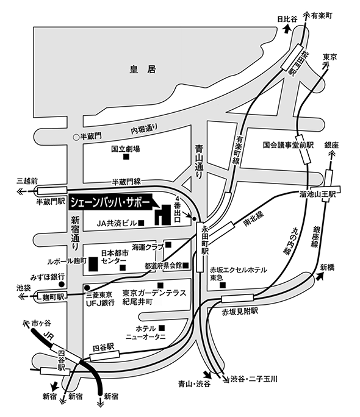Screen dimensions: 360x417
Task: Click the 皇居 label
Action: (x=143, y=69)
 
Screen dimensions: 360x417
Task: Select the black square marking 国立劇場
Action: (x=126, y=157)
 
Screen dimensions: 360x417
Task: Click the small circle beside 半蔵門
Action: (x=76, y=137)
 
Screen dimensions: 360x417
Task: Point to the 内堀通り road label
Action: (x=144, y=129)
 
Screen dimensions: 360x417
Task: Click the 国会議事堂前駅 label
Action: (x=288, y=145)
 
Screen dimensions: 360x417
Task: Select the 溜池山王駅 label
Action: (x=317, y=194)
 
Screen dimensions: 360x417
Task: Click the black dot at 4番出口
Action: (x=194, y=219)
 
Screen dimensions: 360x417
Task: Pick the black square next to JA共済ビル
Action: (x=141, y=223)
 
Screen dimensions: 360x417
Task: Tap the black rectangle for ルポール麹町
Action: (x=93, y=264)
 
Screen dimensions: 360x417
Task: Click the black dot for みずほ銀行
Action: (x=62, y=284)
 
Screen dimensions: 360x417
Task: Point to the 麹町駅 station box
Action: (x=51, y=296)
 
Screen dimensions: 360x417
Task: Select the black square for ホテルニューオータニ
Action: (x=161, y=327)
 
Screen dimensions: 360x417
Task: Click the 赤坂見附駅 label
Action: (x=240, y=312)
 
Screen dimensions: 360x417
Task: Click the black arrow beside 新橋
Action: (x=320, y=277)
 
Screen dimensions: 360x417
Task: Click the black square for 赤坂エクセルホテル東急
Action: (x=223, y=285)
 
